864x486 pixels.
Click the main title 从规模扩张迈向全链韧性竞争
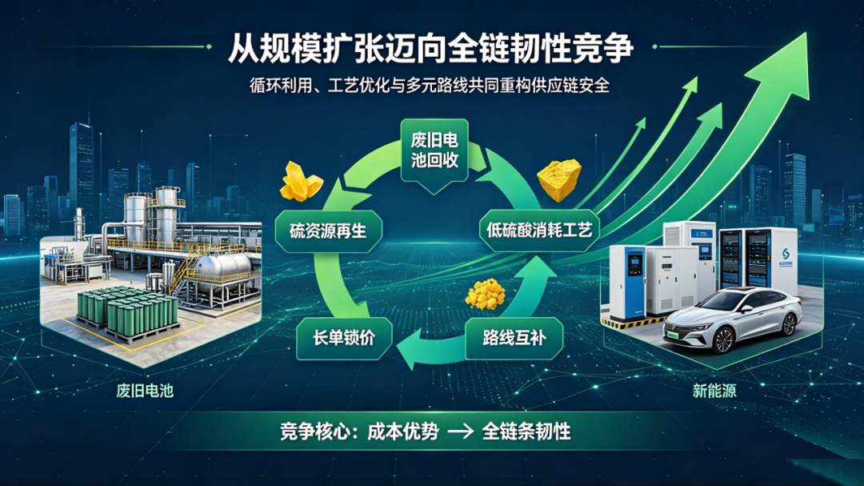coord(430,48)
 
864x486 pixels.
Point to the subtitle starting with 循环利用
coord(430,86)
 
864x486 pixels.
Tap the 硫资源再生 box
coord(329,231)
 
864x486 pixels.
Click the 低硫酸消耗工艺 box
coord(539,230)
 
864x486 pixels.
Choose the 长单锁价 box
coord(344,338)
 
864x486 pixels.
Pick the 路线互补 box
coord(514,338)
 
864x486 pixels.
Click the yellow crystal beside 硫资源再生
coord(300,182)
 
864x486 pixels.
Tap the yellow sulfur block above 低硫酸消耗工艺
coord(559,180)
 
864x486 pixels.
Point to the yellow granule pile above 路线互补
coord(486,293)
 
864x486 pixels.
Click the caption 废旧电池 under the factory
coord(145,391)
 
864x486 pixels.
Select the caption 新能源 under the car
coord(714,391)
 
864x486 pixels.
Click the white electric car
coord(732,319)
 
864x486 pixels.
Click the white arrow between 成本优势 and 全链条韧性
coord(461,432)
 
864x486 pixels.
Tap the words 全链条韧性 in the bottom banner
coord(526,432)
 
